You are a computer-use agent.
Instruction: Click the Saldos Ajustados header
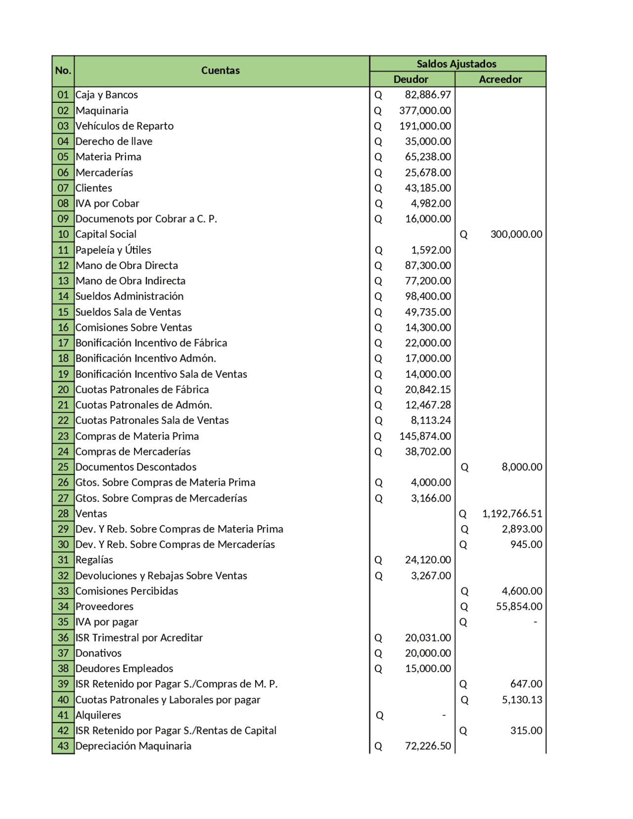click(456, 64)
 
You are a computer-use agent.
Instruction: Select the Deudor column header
click(411, 79)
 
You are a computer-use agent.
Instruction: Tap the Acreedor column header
click(500, 79)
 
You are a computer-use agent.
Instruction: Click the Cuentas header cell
click(220, 71)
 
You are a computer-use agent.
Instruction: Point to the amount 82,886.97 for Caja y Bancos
click(427, 95)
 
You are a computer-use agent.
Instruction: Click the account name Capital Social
click(106, 234)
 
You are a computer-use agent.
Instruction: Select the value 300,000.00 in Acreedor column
click(516, 234)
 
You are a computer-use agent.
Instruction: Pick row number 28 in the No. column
click(63, 514)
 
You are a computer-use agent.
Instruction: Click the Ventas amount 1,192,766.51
click(512, 514)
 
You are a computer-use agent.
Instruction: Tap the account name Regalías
click(94, 560)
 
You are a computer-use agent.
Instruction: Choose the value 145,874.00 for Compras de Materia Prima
click(425, 436)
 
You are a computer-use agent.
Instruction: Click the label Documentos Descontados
click(136, 467)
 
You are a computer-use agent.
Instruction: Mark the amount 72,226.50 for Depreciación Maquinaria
click(427, 746)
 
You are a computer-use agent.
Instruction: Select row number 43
click(63, 746)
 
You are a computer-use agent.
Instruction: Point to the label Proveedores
click(104, 606)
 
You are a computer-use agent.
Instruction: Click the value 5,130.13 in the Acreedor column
click(522, 700)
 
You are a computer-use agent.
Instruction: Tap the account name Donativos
click(98, 653)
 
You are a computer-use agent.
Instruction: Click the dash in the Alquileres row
click(444, 715)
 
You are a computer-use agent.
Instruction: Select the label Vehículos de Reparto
click(124, 126)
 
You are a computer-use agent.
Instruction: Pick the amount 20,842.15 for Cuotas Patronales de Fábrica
click(427, 390)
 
